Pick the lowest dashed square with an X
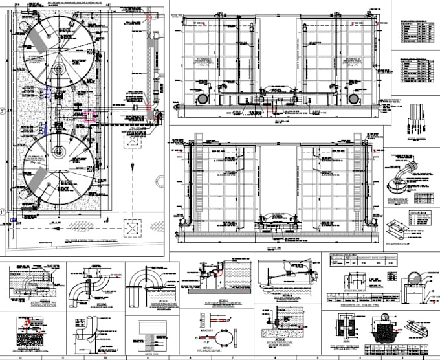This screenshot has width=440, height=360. pyautogui.click(x=133, y=229)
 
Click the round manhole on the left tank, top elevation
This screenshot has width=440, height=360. pyautogui.click(x=203, y=98)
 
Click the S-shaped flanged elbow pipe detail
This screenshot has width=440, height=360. pyautogui.click(x=93, y=286)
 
